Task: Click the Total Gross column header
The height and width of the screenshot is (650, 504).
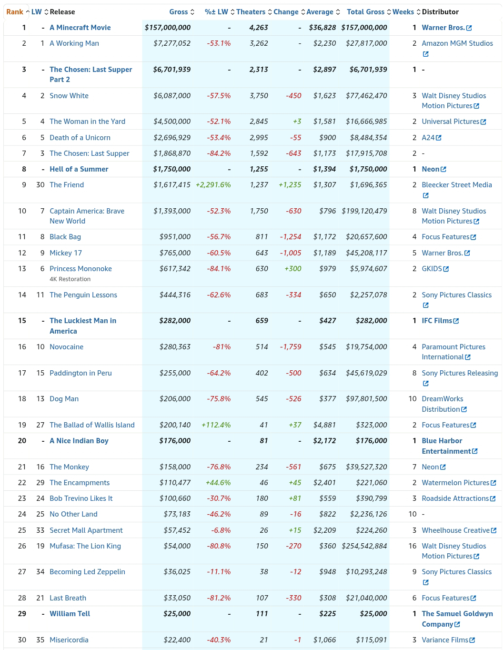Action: tap(365, 12)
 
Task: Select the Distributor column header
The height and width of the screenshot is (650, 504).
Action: tap(440, 12)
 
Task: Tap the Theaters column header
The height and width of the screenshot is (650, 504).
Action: tap(251, 12)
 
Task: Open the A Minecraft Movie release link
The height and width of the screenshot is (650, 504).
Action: tap(80, 28)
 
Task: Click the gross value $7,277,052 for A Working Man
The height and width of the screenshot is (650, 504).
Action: tap(172, 43)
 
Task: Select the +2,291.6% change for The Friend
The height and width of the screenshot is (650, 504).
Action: tap(213, 185)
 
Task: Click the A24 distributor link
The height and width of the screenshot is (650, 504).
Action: tap(432, 138)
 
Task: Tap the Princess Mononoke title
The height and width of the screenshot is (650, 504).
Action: tap(81, 269)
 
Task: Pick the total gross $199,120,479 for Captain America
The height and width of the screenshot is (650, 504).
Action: tap(364, 211)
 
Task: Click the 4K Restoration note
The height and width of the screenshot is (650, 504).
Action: tap(70, 279)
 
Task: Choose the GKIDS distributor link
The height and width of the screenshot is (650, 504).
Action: tap(435, 269)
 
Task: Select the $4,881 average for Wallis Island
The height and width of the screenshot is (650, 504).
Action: tap(324, 425)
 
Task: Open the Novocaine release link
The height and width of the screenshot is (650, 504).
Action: tap(66, 347)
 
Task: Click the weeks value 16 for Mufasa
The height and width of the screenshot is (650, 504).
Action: tap(413, 546)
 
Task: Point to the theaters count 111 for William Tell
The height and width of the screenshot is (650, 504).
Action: tap(262, 613)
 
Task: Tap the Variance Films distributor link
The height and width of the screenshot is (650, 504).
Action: tap(448, 640)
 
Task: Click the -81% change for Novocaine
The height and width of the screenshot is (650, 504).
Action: tap(222, 347)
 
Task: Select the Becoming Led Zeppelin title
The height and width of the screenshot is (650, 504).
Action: tap(87, 572)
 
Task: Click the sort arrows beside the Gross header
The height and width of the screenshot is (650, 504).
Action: tap(192, 12)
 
